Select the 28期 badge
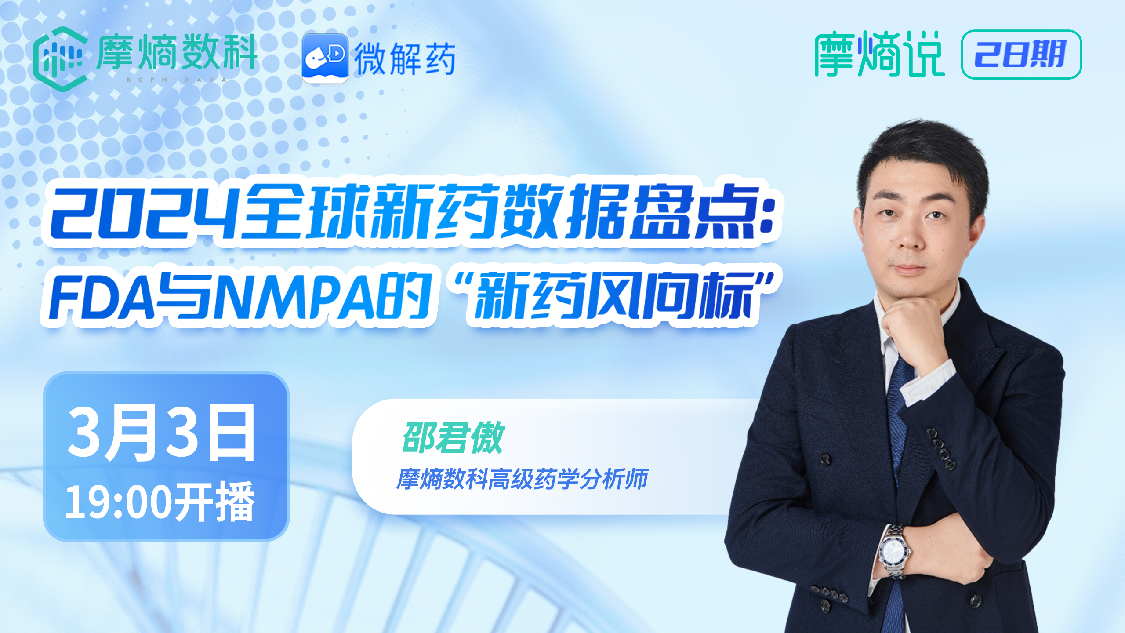[x=1021, y=55]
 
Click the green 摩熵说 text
[x=879, y=55]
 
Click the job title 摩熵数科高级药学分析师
[x=522, y=479]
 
